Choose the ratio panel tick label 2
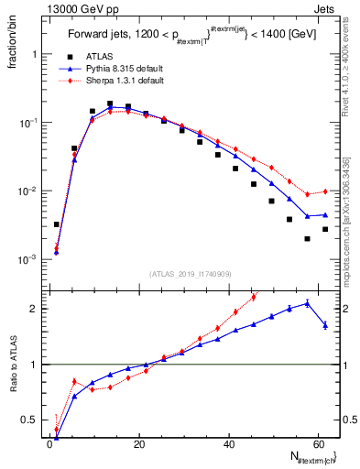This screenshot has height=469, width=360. (x=38, y=308)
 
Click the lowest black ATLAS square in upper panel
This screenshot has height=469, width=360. (x=307, y=239)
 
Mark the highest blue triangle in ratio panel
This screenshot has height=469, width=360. (x=307, y=303)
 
